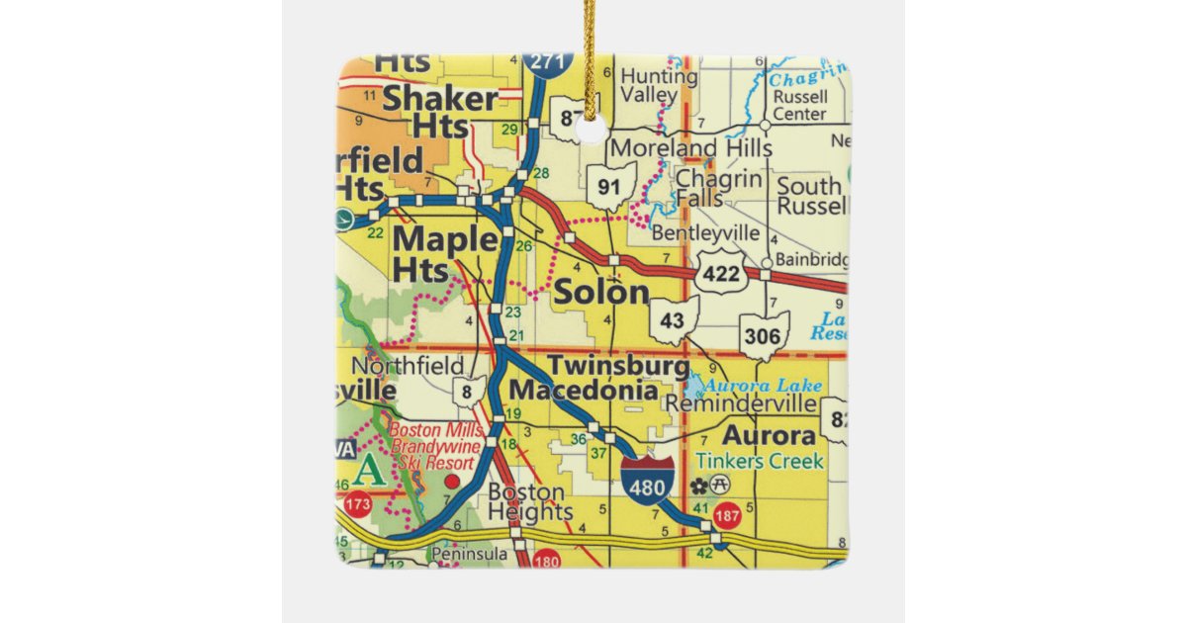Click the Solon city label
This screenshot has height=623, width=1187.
pos(601,292)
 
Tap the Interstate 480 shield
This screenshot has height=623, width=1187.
pos(649,481)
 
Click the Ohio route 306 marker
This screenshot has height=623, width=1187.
pos(764,336)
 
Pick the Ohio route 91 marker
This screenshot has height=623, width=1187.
pos(609,187)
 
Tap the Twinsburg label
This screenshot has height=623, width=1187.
pos(618,365)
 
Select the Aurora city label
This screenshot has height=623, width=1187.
pos(769,435)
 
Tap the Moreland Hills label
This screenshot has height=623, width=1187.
pos(691,148)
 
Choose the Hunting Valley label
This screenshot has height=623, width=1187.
pos(658,86)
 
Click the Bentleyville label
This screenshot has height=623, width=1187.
pos(706,233)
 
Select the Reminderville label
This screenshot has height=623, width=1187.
pos(740,404)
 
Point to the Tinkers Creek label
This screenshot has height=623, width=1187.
pos(759,461)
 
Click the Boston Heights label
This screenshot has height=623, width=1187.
pos(530,501)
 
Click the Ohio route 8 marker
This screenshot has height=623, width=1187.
pos(467,393)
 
